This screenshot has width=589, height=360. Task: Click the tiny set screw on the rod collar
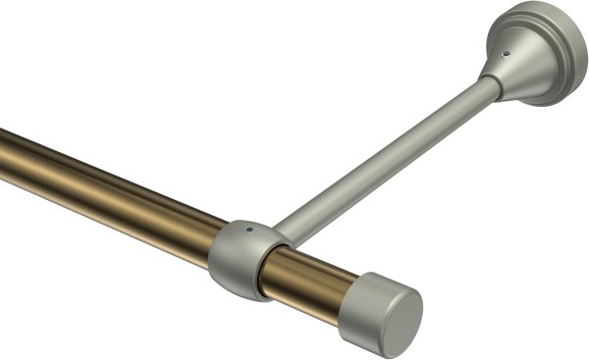tap(251, 233)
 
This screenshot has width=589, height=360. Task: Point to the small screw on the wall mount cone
tap(507, 55)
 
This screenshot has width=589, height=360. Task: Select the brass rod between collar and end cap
tap(314, 275)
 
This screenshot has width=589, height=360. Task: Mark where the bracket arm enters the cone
tap(485, 88)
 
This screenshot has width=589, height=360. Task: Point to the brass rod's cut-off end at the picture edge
tap(4, 153)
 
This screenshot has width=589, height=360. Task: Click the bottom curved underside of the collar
tap(236, 290)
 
